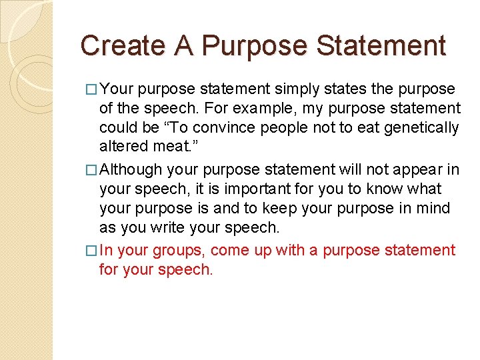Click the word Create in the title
tap(113, 46)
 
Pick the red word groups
tap(181, 251)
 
